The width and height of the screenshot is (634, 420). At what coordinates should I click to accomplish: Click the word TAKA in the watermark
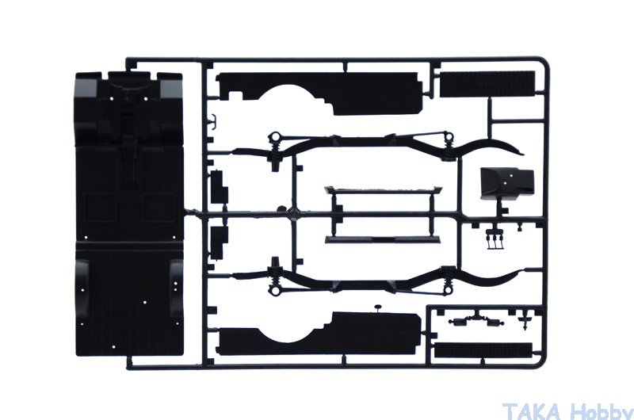(x=532, y=411)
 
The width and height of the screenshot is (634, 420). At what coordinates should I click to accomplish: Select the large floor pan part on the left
(x=129, y=214)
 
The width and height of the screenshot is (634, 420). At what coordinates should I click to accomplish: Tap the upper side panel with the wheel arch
(x=319, y=93)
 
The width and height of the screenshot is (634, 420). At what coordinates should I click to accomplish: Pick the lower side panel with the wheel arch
(x=319, y=334)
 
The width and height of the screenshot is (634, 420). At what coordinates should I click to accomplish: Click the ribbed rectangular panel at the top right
(x=487, y=84)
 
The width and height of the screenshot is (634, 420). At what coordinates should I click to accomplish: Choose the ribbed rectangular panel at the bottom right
(x=483, y=350)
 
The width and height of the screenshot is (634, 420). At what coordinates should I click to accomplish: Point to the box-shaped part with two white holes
(x=507, y=184)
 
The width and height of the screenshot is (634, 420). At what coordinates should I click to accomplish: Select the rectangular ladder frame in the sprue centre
(x=383, y=215)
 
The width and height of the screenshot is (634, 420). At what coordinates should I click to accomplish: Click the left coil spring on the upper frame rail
(x=274, y=151)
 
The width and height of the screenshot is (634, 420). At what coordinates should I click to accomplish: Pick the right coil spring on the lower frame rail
(x=448, y=281)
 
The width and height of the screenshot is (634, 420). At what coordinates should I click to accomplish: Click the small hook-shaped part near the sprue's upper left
(x=212, y=121)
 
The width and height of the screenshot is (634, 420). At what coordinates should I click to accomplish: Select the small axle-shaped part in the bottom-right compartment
(x=477, y=321)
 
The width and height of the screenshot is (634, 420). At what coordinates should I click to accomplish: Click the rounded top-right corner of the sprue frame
(x=544, y=62)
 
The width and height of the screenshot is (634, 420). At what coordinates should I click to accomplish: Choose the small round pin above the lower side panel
(x=378, y=307)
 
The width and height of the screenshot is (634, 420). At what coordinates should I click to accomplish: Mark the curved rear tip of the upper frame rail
(x=521, y=153)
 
